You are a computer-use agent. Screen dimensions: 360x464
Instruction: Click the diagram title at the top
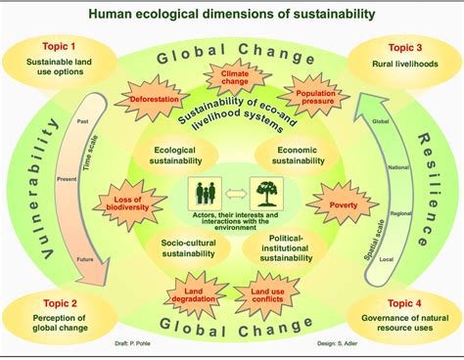(x=231, y=14)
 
